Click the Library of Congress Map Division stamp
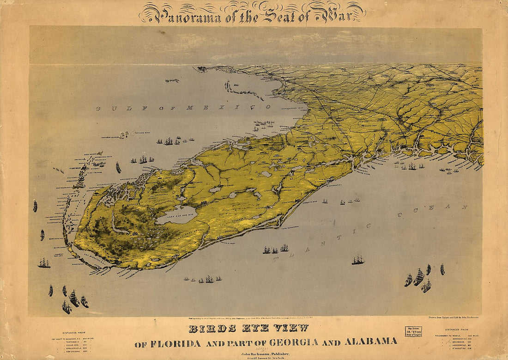click(413, 331)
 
